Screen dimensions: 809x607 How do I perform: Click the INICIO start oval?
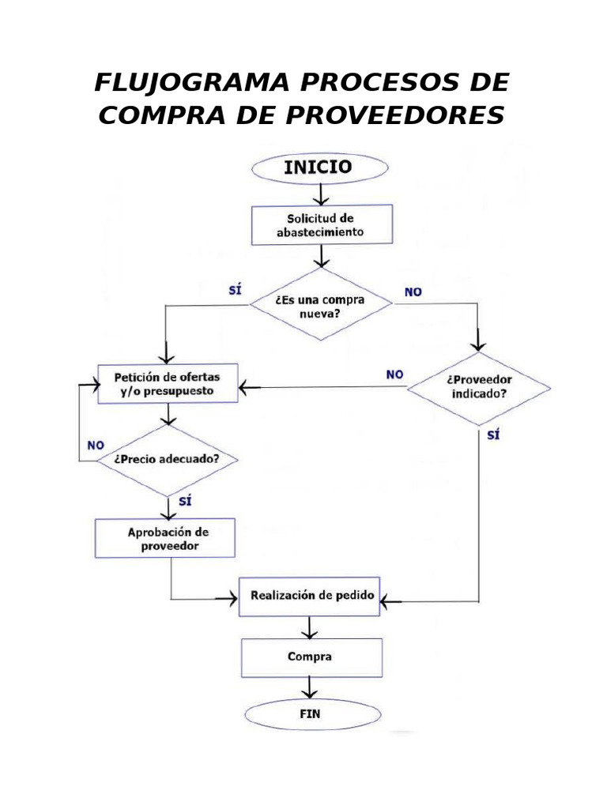coord(319,167)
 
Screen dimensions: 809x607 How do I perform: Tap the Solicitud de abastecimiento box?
coord(321,225)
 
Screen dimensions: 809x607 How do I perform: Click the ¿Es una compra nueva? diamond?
coord(321,304)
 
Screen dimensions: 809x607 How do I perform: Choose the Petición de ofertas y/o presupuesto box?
coord(168,383)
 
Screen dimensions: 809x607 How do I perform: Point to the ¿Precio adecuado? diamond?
coord(167,459)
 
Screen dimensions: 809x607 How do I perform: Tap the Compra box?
coord(311,657)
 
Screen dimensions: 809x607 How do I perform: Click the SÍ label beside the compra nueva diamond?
coord(233,290)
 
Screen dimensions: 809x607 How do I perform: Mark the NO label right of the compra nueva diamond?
coord(413,292)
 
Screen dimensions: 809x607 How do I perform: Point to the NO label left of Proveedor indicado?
coord(394,374)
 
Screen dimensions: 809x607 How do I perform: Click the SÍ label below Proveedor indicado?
coord(494,435)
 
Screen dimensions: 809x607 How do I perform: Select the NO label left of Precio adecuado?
coord(96,445)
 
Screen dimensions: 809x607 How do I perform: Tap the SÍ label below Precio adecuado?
coord(186,501)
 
